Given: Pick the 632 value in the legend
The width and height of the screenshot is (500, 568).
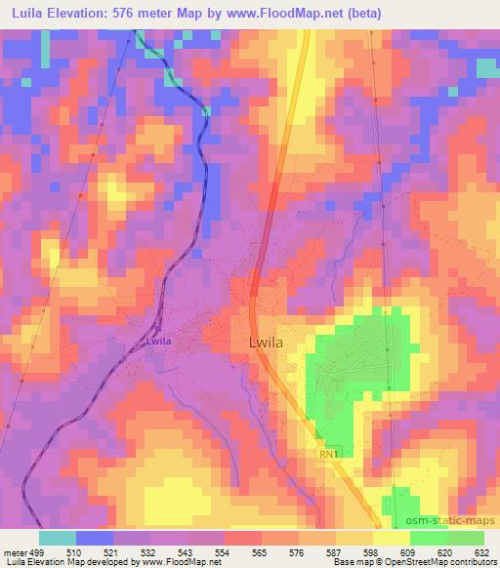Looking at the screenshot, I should pyautogui.click(x=482, y=551).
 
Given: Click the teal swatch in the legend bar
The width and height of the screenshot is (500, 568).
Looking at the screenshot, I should pyautogui.click(x=58, y=538).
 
